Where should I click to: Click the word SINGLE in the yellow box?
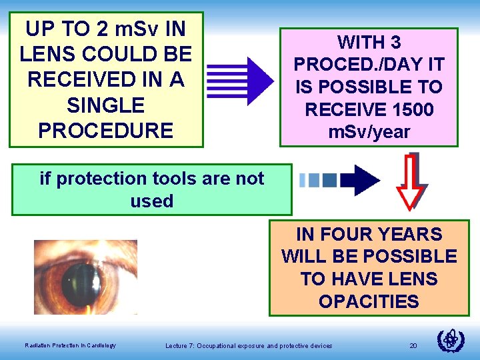pos(106,105)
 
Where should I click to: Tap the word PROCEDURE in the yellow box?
pos(106,130)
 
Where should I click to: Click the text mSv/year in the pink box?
pos(369,131)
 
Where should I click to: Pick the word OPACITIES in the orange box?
pos(369,301)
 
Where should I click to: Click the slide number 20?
pos(413,345)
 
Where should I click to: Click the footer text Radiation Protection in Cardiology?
pos(70,345)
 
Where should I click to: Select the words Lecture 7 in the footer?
pos(181,345)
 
